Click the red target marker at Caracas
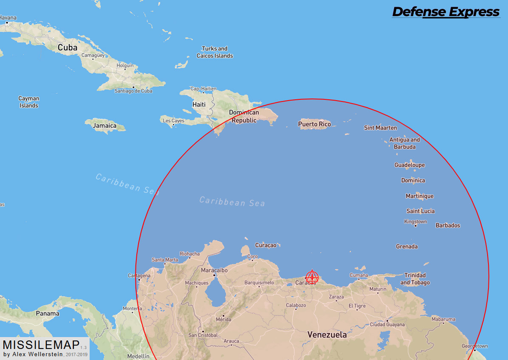pos(312,277)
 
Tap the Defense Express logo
pos(446,12)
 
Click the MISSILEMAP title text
pos(41,344)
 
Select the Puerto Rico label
pos(314,124)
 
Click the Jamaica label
pos(104,126)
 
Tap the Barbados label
pos(448,225)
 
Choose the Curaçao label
pos(266,245)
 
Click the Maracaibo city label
pos(214,270)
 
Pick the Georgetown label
pos(474,346)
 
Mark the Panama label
pos(48,314)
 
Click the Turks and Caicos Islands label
pos(214,52)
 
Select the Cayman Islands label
pos(29,102)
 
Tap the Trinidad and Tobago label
pos(415,279)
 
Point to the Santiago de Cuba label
pos(133,91)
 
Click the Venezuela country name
pos(327,335)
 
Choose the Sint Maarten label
pos(381,128)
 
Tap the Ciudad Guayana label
pos(387,325)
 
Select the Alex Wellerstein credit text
pos(33,354)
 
